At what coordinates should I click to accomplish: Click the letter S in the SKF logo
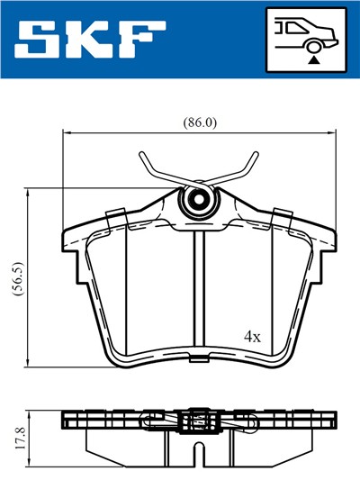pos(41,39)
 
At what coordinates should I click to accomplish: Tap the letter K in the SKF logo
pos(94,39)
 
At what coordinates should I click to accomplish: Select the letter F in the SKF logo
pos(145,39)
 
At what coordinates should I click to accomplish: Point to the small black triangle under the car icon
pos(314,59)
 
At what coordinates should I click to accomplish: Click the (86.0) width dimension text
pos(199,121)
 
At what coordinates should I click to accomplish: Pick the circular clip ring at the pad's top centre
pos(197,203)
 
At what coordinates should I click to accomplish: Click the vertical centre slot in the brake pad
pos(199,288)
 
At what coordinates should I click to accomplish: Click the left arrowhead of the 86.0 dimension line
pos(66,133)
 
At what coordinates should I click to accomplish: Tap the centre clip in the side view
pos(198,421)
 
